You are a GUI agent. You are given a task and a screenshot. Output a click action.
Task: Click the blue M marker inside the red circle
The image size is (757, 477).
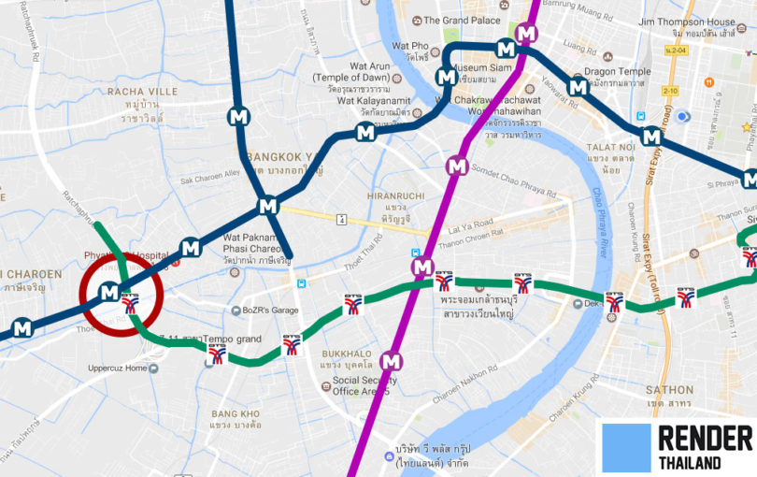tap(109, 292)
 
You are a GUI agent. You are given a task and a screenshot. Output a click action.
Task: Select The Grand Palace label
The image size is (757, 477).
tap(461, 20)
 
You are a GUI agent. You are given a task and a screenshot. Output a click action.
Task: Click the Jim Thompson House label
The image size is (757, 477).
tap(686, 22)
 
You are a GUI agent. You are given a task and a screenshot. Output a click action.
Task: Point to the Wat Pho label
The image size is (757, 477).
tap(410, 46)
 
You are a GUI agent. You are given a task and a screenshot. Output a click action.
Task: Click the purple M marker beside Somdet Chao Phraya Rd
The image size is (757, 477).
tap(456, 166)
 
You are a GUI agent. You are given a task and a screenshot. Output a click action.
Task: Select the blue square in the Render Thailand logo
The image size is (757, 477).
tap(626, 447)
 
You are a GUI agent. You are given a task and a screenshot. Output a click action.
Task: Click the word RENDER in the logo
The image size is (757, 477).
tap(705, 438)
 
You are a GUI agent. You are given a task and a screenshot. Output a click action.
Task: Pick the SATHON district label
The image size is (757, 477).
tap(669, 390)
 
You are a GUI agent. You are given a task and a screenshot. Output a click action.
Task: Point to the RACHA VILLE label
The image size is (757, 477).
tap(142, 92)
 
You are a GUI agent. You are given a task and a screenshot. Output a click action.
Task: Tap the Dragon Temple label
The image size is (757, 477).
tap(617, 72)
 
